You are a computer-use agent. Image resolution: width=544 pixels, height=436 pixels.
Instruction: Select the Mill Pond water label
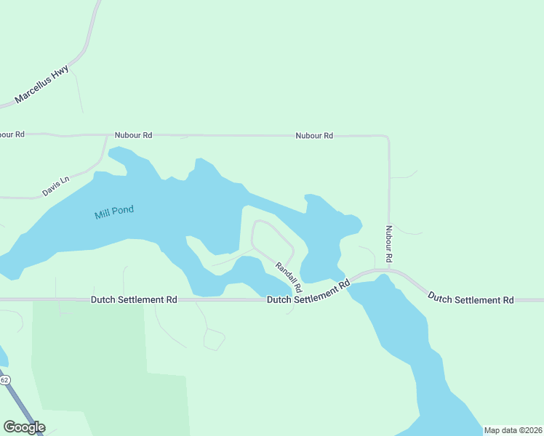tap(114, 212)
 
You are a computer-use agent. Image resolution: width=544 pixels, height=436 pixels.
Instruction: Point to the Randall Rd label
tap(288, 278)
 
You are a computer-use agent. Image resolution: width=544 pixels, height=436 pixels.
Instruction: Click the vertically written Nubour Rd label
tap(389, 244)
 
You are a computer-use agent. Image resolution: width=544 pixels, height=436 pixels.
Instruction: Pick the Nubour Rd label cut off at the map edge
tap(12, 134)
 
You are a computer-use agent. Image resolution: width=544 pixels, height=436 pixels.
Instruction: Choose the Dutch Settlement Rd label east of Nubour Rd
tap(471, 298)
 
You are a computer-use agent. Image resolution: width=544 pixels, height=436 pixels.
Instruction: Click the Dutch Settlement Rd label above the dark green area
tap(135, 299)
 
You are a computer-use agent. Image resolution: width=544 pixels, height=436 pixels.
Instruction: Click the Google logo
tap(24, 427)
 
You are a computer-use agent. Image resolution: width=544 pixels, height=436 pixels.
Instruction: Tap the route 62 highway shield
tap(4, 380)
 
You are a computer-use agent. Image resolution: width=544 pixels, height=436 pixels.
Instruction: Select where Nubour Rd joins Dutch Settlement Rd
tap(389, 270)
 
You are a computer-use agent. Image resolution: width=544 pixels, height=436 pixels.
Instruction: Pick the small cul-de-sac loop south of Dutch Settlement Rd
tap(215, 339)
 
